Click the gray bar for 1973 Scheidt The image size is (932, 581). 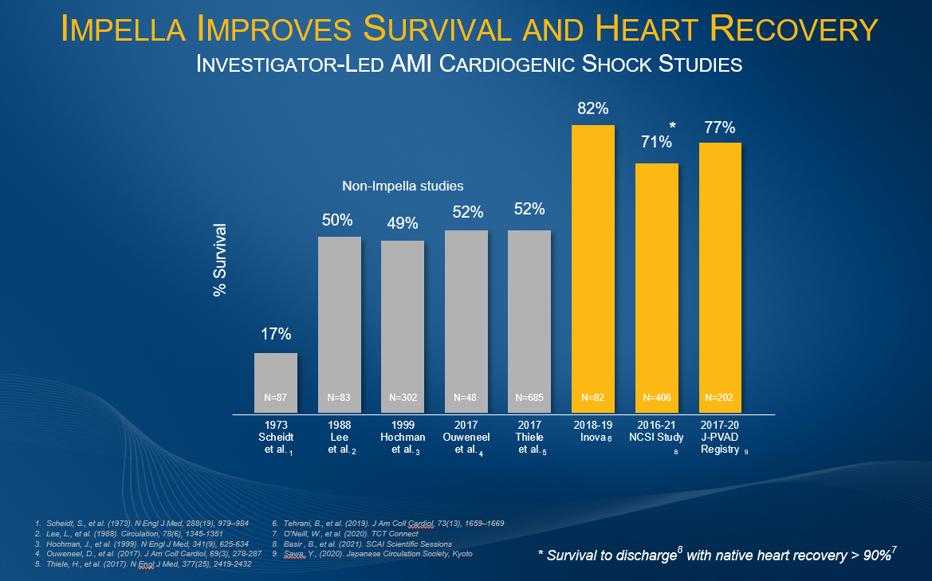coord(276,383)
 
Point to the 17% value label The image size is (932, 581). coord(276,335)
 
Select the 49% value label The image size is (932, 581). coord(403,223)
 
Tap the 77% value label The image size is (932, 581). coord(720,128)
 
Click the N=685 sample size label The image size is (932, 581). coord(529,396)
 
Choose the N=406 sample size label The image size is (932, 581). coord(657,396)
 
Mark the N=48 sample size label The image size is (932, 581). coord(466,396)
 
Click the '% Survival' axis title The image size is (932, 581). coord(220,261)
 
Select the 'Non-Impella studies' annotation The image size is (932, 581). coord(403,186)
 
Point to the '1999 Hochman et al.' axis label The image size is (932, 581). coord(403,437)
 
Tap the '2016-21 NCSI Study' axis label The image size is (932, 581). coord(657,432)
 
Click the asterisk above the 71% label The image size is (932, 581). coord(673,127)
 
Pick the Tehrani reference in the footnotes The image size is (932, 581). coord(388,523)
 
